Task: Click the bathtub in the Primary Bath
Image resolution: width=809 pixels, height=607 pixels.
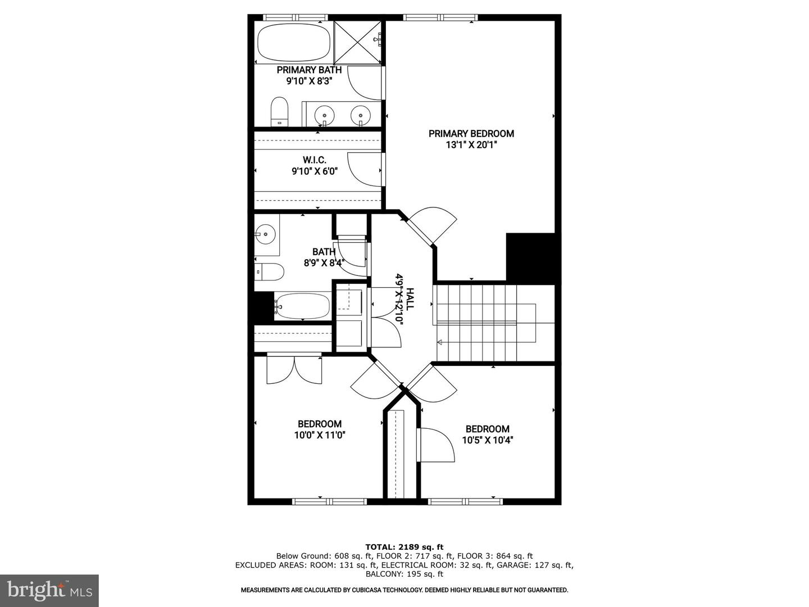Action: click(x=293, y=43)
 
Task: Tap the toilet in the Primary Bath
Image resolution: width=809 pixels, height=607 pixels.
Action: click(x=279, y=112)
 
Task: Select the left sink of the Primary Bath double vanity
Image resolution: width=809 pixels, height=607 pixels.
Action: click(x=324, y=113)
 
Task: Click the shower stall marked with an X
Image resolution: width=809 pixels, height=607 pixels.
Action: click(x=357, y=42)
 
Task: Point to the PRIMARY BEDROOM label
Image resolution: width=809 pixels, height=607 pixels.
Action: click(x=471, y=133)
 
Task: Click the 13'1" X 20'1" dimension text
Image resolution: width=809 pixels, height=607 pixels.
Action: click(x=471, y=145)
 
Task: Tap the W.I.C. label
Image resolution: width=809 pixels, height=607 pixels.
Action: click(x=315, y=160)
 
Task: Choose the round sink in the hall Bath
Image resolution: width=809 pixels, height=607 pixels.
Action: click(x=265, y=234)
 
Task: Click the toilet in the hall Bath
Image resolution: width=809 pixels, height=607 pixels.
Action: click(x=270, y=271)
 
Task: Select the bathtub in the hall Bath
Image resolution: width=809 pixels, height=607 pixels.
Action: click(x=302, y=306)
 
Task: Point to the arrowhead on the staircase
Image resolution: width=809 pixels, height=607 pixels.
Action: click(x=439, y=342)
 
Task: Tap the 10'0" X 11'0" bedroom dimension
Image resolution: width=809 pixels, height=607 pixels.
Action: click(x=320, y=435)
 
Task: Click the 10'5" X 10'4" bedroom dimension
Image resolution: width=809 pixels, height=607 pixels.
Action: click(x=488, y=440)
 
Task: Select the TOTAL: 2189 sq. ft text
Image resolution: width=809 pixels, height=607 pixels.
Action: click(x=404, y=547)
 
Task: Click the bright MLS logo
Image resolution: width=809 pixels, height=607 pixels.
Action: click(x=49, y=590)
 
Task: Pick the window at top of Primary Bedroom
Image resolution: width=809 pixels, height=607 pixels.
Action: click(x=440, y=17)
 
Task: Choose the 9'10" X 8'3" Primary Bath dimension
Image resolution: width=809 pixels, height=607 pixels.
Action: click(x=309, y=81)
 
